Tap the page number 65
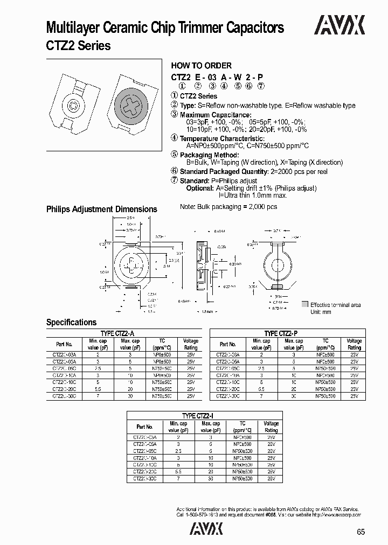point(361,532)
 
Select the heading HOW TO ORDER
point(201,66)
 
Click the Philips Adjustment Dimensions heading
point(101,209)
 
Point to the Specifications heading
point(71,322)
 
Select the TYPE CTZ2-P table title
point(285,334)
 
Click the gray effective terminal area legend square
point(305,305)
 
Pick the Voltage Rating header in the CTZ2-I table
point(271,427)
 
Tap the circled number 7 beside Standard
point(174,181)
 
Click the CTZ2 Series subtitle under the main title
point(78,46)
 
